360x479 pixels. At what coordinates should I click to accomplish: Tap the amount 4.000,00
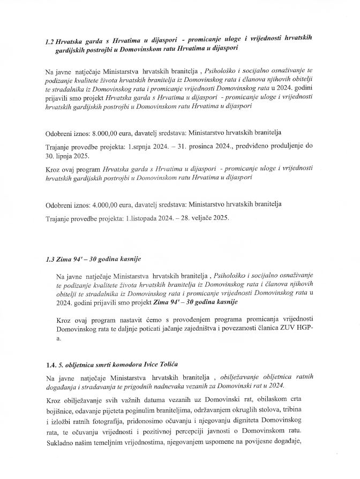click(x=106, y=204)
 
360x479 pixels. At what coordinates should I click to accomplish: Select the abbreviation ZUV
click(x=298, y=328)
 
